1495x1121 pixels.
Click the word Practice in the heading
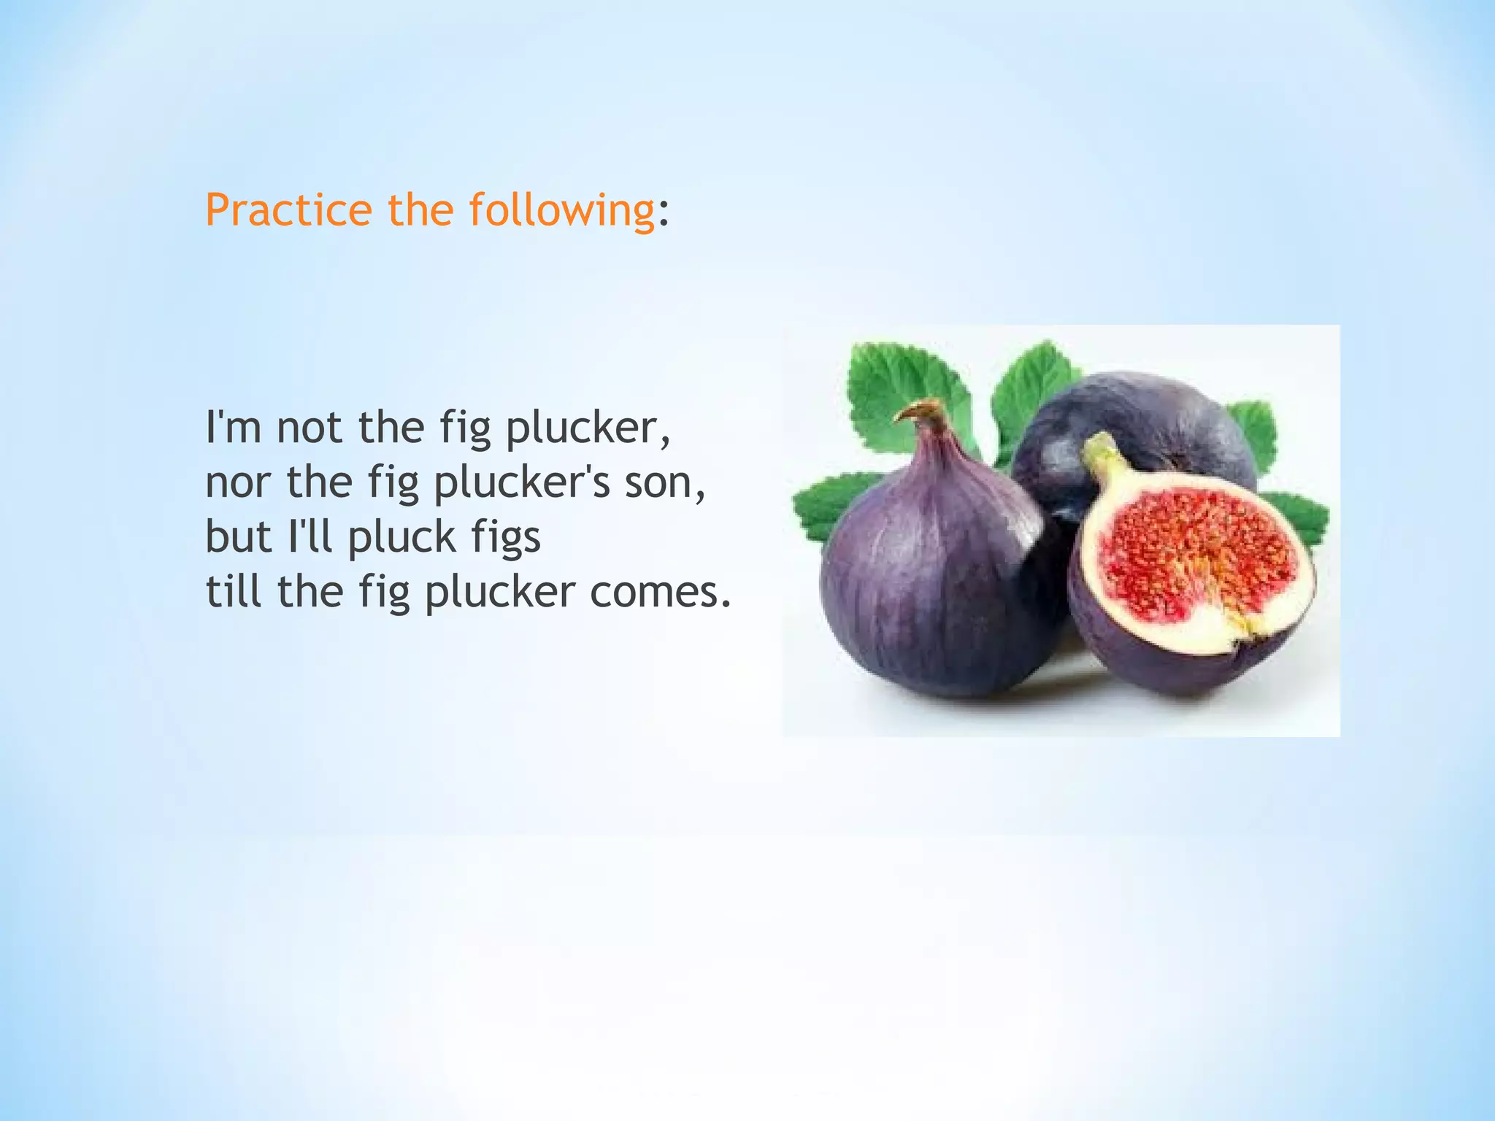pos(288,210)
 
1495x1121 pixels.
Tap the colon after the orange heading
pos(663,213)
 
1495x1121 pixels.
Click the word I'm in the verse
pos(233,427)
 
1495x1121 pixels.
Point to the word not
pos(310,427)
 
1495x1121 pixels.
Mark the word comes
pos(658,592)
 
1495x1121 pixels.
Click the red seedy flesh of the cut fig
pos(1197,555)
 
